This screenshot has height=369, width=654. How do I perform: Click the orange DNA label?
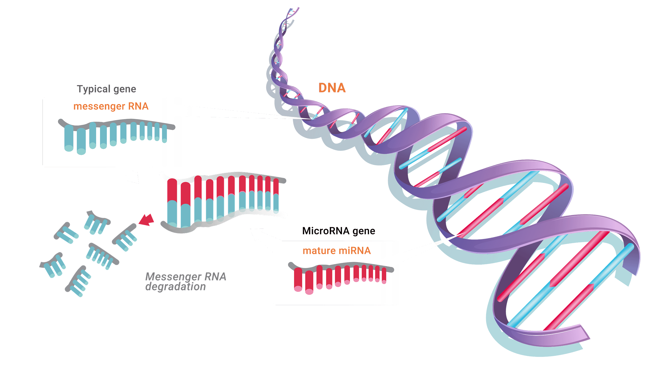point(332,88)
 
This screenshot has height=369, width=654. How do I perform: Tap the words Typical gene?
point(106,89)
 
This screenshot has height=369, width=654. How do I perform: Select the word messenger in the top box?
point(99,106)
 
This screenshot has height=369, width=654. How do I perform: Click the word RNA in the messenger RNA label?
point(138,106)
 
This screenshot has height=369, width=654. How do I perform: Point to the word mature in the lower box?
point(319,251)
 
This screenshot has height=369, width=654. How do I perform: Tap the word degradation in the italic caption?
point(175,287)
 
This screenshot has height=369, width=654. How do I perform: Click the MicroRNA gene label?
point(339,231)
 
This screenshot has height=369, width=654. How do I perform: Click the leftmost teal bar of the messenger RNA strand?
point(69,138)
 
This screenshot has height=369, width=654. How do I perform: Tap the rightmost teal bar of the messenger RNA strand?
point(164,134)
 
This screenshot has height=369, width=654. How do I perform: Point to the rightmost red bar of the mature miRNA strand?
point(384,275)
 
